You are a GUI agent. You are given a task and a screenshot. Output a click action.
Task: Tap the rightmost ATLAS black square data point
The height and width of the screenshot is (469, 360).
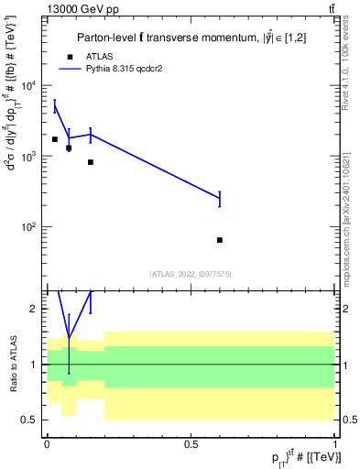pyautogui.click(x=220, y=240)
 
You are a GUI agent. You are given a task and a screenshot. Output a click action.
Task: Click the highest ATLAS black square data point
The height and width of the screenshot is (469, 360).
pyautogui.click(x=55, y=139)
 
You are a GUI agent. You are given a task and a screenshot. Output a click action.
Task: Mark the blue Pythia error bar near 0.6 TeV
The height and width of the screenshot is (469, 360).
pyautogui.click(x=220, y=198)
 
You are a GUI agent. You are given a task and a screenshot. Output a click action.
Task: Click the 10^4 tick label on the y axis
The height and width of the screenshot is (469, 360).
pyautogui.click(x=28, y=86)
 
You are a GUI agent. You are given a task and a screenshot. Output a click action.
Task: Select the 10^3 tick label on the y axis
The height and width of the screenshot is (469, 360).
pyautogui.click(x=28, y=157)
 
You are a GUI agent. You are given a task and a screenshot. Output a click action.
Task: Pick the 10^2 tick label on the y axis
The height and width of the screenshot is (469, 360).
pyautogui.click(x=28, y=227)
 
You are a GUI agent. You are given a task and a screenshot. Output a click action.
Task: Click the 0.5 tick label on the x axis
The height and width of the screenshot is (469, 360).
pyautogui.click(x=191, y=443)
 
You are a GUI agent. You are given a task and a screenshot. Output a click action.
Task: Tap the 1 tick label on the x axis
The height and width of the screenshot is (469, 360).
pyautogui.click(x=335, y=443)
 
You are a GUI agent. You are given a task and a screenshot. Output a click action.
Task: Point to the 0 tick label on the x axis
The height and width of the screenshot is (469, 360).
pyautogui.click(x=47, y=443)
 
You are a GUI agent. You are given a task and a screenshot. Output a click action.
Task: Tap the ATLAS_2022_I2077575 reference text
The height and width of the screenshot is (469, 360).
pyautogui.click(x=189, y=274)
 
